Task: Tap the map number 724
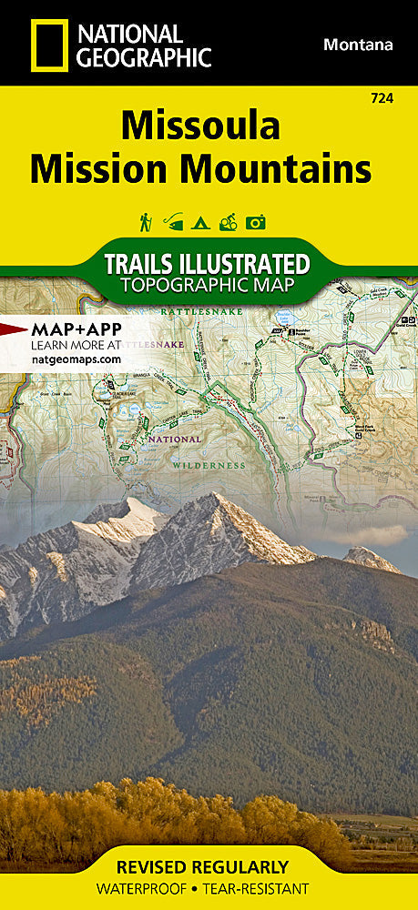[382, 98]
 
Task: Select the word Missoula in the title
[200, 126]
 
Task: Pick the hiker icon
[145, 221]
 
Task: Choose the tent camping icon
[200, 221]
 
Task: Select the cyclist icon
[228, 221]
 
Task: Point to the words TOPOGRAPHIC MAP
[208, 287]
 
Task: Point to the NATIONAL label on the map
[174, 439]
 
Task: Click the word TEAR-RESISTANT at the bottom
[262, 888]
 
